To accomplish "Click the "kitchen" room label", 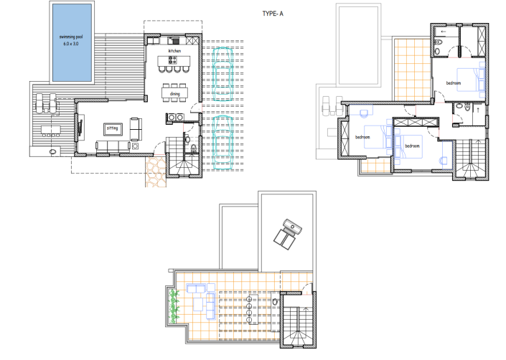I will (x=174, y=52).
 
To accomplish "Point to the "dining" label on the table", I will (x=175, y=93).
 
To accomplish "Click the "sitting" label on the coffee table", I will (x=113, y=129).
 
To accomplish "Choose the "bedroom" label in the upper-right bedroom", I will (x=454, y=83).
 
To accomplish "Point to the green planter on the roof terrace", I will (x=172, y=305).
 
